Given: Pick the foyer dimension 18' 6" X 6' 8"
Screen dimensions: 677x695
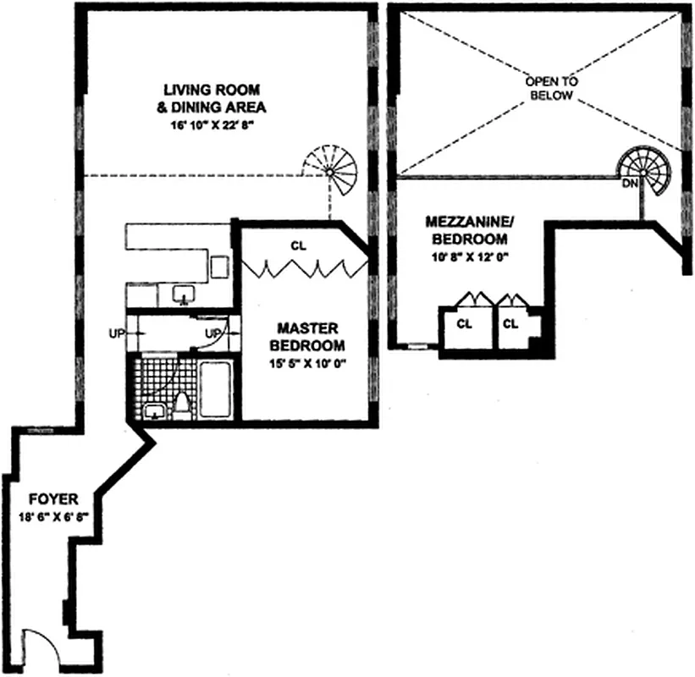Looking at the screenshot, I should (x=39, y=518).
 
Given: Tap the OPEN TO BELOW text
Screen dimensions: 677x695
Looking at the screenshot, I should (x=550, y=88).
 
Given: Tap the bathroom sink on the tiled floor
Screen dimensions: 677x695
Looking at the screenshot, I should (x=155, y=412).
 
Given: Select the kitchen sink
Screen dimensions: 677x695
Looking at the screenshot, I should (x=184, y=295).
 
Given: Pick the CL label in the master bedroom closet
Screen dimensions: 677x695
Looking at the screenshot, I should (x=297, y=246).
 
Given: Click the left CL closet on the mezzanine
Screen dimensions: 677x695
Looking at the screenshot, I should (x=464, y=324).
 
